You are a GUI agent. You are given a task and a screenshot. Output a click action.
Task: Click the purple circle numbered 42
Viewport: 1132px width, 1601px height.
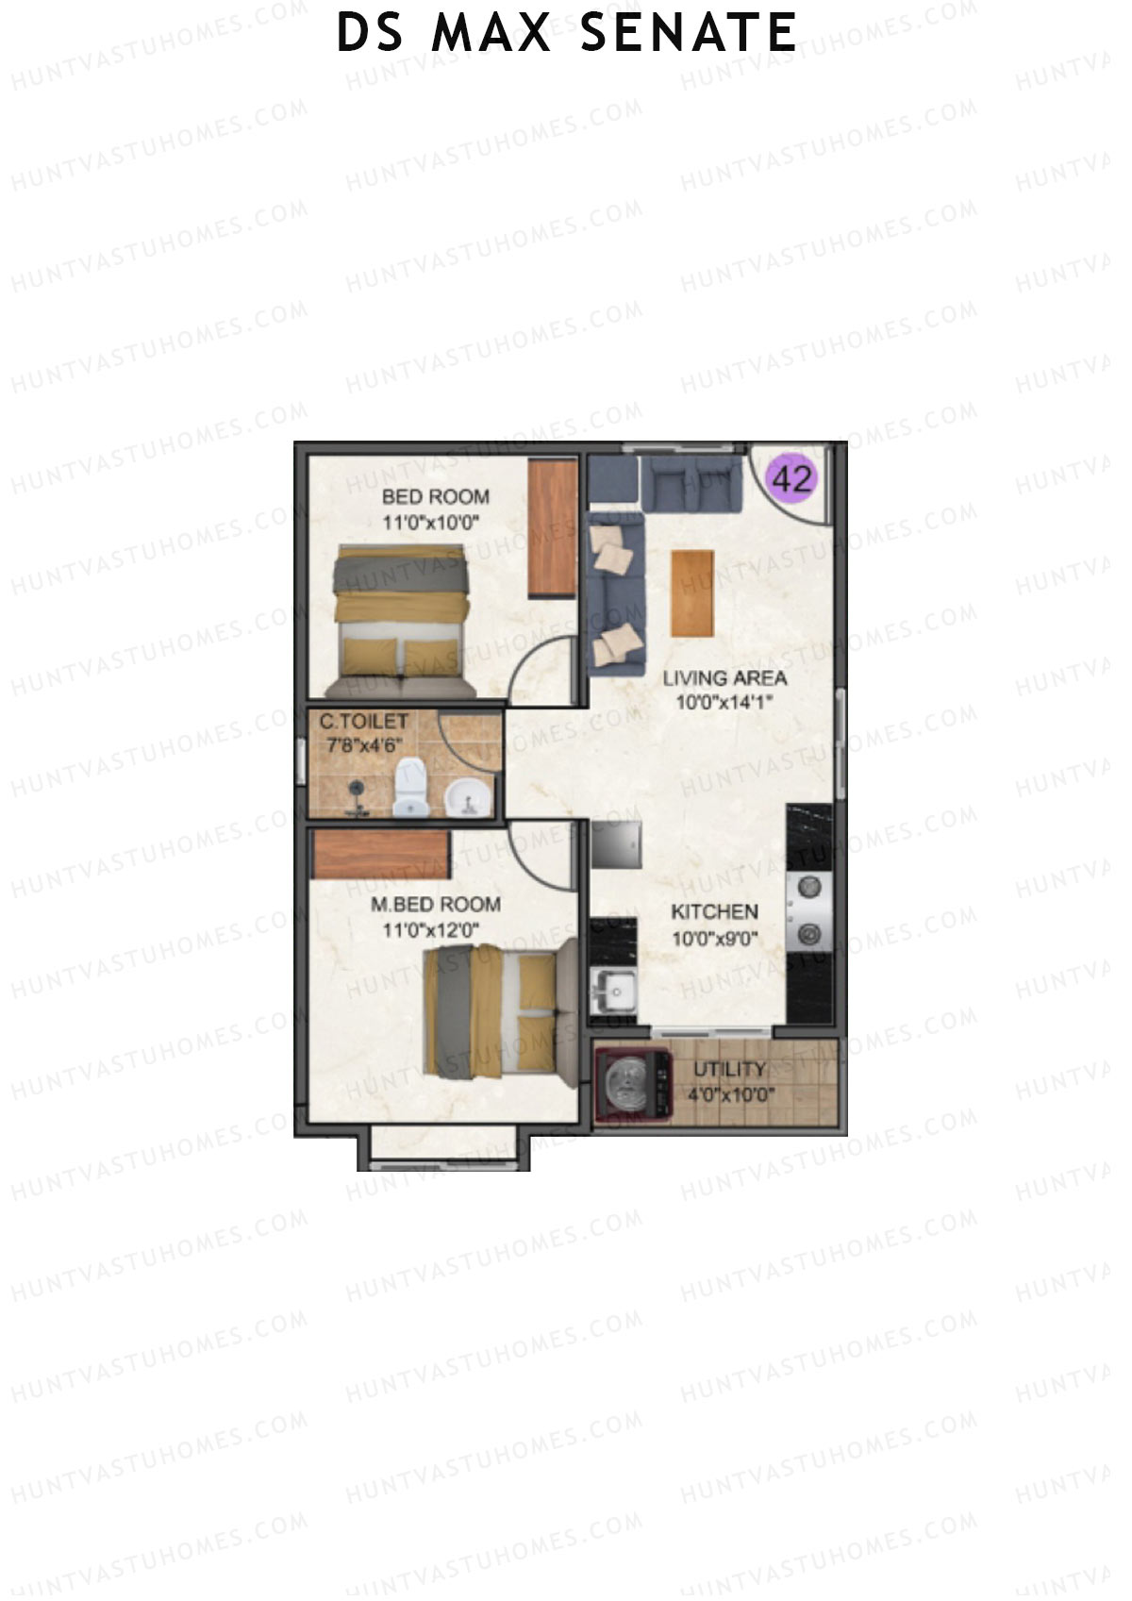(x=792, y=479)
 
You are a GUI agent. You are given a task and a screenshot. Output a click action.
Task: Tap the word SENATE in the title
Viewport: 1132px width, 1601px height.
(x=688, y=33)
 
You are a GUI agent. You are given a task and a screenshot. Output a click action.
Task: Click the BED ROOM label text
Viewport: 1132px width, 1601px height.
(x=435, y=497)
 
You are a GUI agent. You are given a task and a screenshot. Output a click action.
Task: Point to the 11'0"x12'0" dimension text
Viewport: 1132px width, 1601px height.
(x=431, y=930)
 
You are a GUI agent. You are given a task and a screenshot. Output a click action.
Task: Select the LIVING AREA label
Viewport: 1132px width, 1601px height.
(x=724, y=677)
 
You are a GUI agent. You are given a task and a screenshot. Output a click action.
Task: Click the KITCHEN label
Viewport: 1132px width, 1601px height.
(x=714, y=911)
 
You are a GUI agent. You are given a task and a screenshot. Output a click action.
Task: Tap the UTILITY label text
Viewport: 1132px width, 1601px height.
(x=729, y=1070)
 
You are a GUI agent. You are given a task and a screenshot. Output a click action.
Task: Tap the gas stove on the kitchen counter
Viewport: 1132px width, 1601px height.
(x=808, y=909)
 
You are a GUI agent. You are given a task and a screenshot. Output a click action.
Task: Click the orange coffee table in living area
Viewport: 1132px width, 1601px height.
(x=692, y=592)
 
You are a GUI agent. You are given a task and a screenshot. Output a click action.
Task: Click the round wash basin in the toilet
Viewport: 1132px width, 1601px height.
(x=468, y=797)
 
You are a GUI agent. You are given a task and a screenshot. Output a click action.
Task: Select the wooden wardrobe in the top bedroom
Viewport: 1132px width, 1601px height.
(x=552, y=528)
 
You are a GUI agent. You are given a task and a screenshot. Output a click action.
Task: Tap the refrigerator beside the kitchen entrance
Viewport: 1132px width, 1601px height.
(x=618, y=843)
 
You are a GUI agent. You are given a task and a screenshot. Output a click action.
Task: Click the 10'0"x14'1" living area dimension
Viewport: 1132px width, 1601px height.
(x=724, y=702)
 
